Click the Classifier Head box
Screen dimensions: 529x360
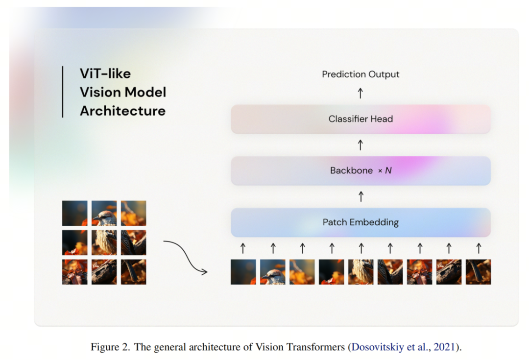click(361, 119)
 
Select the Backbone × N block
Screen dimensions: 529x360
click(361, 171)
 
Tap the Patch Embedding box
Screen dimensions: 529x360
click(361, 222)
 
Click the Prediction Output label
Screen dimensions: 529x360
click(361, 74)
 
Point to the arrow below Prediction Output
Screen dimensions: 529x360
click(361, 93)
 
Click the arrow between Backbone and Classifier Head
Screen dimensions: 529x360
click(361, 145)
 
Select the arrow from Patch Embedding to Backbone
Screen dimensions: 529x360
click(361, 196)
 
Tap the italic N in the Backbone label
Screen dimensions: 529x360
click(388, 171)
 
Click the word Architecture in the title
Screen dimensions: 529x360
click(123, 111)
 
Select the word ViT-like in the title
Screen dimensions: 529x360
click(105, 73)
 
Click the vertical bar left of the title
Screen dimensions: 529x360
click(63, 92)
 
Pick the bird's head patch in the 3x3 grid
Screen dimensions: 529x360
click(104, 213)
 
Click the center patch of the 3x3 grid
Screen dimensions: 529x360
click(104, 242)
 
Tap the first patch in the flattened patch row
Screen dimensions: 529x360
click(243, 272)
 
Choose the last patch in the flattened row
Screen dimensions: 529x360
click(479, 272)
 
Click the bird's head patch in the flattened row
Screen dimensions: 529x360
click(273, 272)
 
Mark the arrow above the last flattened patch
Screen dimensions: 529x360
click(479, 248)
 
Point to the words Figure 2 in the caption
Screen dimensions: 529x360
click(110, 347)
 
